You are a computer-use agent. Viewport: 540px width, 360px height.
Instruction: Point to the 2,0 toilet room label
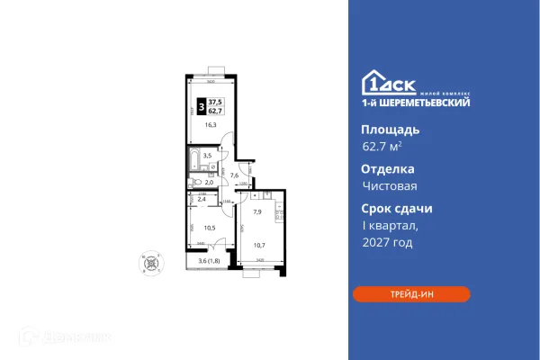coord(208,182)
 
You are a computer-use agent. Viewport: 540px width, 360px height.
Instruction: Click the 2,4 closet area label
coord(202,199)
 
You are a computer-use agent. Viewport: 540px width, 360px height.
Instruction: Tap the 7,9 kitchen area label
coord(256,213)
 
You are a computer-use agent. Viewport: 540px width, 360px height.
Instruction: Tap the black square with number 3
coord(201,106)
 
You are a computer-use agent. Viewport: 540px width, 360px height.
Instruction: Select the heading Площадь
coord(383,130)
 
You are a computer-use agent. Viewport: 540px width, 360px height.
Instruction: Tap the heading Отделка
coord(382,168)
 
